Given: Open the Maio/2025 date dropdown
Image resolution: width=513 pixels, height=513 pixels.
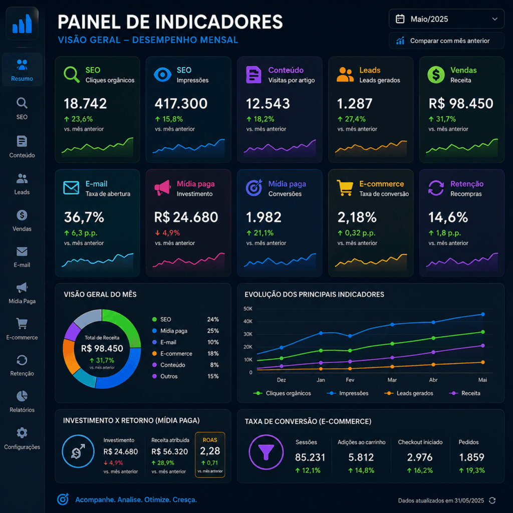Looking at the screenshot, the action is [x=446, y=19].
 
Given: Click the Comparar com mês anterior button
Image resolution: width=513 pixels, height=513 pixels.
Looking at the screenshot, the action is [x=446, y=41].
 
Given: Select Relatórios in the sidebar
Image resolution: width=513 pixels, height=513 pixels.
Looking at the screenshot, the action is [x=22, y=401].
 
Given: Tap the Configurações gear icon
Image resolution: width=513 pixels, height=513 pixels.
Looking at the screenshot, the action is [x=22, y=432].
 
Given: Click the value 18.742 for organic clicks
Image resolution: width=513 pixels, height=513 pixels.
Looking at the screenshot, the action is [x=85, y=104].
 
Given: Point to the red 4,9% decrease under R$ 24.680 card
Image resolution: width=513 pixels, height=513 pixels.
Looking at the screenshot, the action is [x=167, y=233].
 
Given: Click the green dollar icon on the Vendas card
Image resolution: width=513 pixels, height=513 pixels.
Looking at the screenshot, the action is [x=436, y=75].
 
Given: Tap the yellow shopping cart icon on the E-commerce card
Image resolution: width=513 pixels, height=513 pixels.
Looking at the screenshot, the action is [x=345, y=188].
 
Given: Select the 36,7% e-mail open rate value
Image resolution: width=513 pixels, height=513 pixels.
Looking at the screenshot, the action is [x=84, y=217].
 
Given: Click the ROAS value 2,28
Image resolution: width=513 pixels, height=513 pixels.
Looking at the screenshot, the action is [x=210, y=451].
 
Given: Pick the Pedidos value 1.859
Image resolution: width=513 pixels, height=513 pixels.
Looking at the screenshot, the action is [x=471, y=457].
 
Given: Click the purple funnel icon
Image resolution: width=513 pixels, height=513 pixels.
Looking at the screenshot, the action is [x=266, y=452].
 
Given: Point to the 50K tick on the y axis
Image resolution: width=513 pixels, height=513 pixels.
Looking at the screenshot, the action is [x=248, y=309].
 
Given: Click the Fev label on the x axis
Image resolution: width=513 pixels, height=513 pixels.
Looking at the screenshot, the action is [x=350, y=380].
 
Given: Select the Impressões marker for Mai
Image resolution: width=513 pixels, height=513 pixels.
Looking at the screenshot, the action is [x=483, y=315].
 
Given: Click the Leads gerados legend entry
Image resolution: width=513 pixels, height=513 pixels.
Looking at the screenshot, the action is [x=409, y=393].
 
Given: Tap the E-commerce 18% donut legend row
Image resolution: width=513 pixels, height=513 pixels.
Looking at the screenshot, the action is [x=185, y=354].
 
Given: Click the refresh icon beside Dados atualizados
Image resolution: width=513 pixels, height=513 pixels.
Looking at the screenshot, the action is [x=492, y=500].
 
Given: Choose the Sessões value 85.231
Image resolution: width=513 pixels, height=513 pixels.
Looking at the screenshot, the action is [x=310, y=457].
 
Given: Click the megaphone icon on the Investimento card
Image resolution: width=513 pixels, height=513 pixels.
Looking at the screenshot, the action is [x=163, y=188].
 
